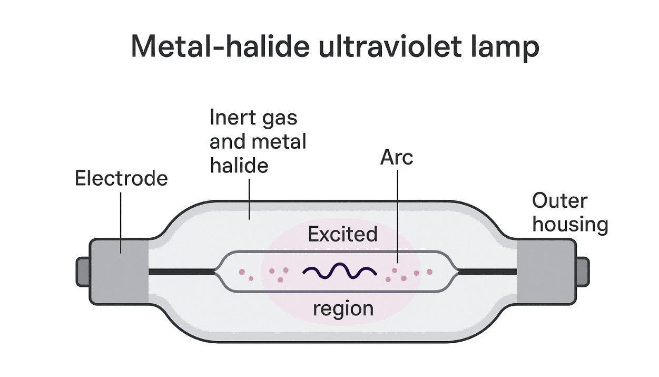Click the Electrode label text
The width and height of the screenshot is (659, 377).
[x=121, y=178]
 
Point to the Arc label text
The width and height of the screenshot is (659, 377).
[x=397, y=157]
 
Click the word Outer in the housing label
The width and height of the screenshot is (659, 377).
[x=559, y=201]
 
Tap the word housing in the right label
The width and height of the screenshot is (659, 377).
[x=571, y=225]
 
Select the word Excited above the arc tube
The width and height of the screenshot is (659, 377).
[x=343, y=234]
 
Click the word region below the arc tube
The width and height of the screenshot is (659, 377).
[x=343, y=308]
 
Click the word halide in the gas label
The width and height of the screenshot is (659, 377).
[x=239, y=166]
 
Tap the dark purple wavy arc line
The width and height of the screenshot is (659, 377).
[x=340, y=272]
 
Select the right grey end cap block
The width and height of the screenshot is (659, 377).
[x=545, y=272]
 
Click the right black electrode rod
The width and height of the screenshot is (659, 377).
[x=487, y=272]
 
